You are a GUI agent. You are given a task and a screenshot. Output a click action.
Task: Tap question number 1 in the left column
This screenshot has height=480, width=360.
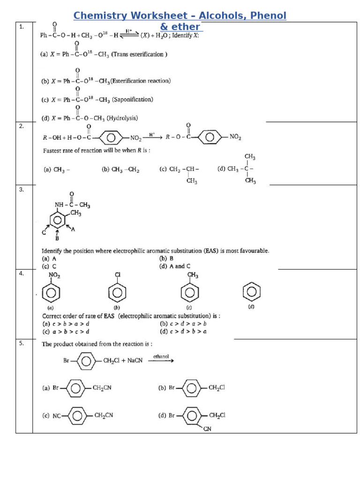(x=21, y=27)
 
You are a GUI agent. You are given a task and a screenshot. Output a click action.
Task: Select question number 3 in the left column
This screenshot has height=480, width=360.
(x=21, y=189)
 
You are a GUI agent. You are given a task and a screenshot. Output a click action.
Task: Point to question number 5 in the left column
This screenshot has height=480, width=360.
(x=21, y=343)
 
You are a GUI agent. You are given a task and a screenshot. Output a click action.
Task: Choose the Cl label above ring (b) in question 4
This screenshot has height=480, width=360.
(x=118, y=275)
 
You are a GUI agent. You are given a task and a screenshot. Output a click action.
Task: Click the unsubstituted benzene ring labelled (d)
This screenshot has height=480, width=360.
(x=251, y=292)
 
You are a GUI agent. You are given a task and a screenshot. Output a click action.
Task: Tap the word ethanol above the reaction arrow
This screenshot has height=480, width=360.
(x=161, y=357)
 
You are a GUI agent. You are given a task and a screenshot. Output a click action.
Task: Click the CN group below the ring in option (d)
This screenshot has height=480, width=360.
(x=207, y=428)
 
